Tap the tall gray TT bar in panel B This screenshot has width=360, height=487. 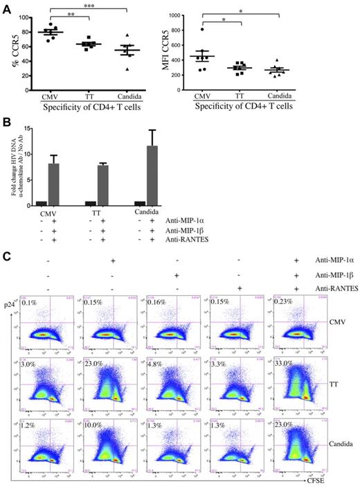tap(103, 185)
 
